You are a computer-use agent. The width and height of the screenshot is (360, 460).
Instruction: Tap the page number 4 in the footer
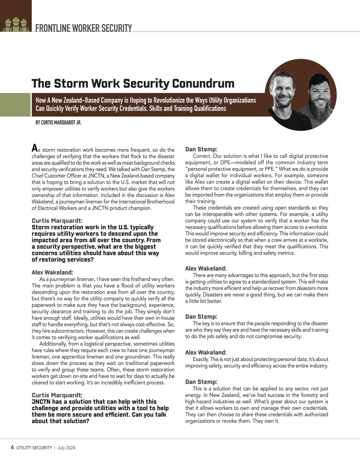12,447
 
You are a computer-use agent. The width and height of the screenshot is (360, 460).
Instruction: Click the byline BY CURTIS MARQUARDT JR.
58,123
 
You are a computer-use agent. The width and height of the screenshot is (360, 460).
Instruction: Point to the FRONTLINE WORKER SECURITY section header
83,28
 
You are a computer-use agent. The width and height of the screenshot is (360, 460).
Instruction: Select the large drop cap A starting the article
35,148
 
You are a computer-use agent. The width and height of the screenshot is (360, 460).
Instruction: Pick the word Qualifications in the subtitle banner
210,108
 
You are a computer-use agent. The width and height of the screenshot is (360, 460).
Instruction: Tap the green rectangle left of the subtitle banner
15,105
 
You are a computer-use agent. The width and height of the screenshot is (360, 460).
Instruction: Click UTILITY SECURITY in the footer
34,448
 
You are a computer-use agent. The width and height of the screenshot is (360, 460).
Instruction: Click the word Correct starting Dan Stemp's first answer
202,156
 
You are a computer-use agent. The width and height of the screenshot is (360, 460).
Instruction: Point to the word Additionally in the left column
53,344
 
